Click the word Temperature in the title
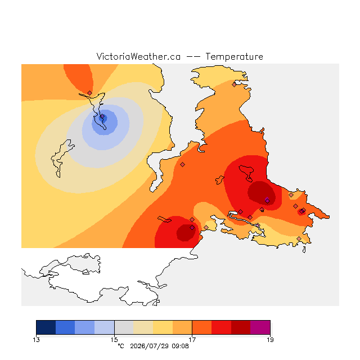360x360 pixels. pos(234,56)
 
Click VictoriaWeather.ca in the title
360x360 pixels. pos(138,56)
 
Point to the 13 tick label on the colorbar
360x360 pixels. pos(36,340)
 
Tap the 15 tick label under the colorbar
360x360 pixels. pos(114,340)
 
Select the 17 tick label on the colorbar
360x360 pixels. pos(192,340)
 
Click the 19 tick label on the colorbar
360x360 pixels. pos(270,340)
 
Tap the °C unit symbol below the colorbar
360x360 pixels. pos(121,346)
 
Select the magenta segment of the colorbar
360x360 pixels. pos(260,327)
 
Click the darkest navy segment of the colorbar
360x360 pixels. pos(46,327)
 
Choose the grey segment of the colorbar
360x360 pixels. pos(124,327)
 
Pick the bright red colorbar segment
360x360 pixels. pos(221,327)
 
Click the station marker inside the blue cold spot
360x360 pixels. pos(102,116)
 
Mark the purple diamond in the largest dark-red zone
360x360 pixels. pos(267,201)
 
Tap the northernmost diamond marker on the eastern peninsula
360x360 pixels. pos(234,85)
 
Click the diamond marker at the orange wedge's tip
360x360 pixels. pos(90,93)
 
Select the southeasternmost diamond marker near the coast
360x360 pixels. pos(299,238)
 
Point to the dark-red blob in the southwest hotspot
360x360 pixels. pos(186,232)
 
